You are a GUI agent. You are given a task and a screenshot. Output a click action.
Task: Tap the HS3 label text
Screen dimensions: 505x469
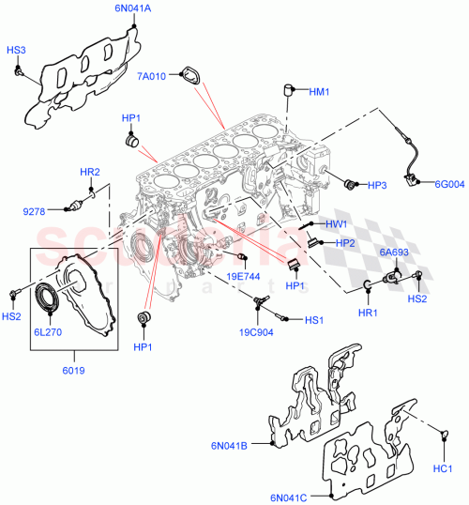click(x=17, y=49)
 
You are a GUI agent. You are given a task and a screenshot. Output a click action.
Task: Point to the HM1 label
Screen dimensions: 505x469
click(x=319, y=91)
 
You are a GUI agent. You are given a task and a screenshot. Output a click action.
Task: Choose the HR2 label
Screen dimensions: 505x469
click(x=89, y=172)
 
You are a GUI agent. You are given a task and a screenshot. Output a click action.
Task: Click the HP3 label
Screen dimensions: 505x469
click(x=377, y=185)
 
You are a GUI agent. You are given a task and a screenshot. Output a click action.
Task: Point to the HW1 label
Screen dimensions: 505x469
click(x=337, y=224)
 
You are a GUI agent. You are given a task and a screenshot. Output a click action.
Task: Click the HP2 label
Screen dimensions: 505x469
click(x=344, y=243)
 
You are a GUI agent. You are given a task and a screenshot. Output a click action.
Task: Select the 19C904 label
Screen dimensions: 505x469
click(x=255, y=330)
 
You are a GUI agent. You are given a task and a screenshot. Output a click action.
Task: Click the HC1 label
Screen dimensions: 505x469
click(x=444, y=467)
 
